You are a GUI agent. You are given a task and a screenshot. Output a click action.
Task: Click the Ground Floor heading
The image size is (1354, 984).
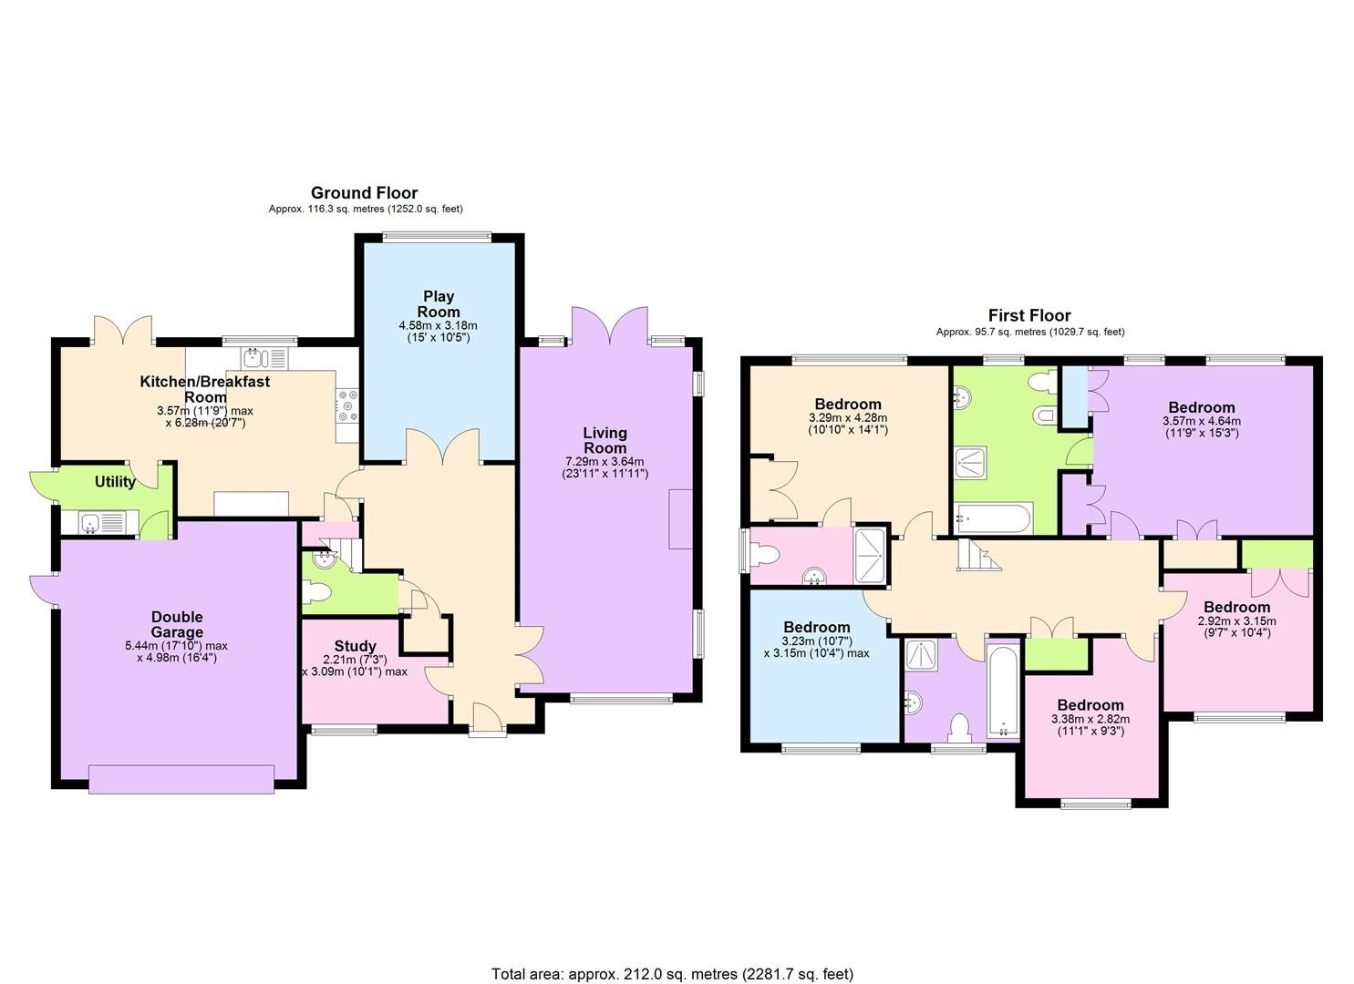click(364, 193)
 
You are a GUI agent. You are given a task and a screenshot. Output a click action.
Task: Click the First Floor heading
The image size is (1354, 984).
click(1029, 316)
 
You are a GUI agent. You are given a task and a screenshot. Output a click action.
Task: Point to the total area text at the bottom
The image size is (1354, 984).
click(672, 974)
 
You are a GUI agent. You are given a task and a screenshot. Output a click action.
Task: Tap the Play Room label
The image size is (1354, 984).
click(438, 303)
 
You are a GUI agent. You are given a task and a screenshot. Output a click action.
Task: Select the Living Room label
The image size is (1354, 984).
click(605, 440)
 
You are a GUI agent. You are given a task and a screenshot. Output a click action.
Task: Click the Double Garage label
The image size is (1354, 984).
click(177, 625)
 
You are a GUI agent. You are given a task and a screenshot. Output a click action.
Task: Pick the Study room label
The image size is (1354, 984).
click(355, 646)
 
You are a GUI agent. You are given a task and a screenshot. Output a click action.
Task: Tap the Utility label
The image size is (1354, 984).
click(115, 482)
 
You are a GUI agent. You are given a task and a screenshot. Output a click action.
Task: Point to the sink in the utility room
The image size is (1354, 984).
click(89, 522)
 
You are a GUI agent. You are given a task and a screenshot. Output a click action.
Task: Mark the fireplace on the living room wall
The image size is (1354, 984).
click(680, 518)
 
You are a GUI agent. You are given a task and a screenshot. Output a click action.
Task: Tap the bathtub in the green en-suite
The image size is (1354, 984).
click(993, 519)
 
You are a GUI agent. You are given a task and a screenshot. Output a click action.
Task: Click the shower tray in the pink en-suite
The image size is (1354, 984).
click(870, 555)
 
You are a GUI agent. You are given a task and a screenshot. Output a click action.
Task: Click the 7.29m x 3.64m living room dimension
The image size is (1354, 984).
click(605, 467)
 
